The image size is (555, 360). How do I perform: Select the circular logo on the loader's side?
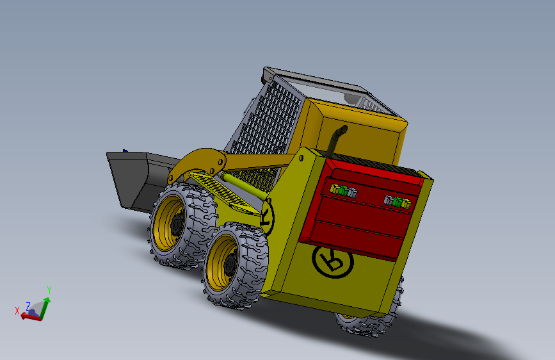(x=268, y=218)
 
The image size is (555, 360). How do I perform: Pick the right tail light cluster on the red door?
(x=398, y=202)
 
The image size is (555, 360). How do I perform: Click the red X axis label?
(x=17, y=311)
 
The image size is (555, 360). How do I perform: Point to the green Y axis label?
(x=49, y=290)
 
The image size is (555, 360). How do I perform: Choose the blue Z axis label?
(x=28, y=306)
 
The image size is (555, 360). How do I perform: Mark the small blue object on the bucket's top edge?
(x=125, y=151)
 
